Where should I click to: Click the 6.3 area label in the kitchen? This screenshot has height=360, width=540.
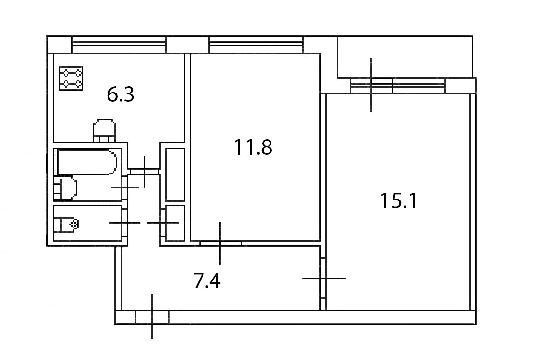pos(120,95)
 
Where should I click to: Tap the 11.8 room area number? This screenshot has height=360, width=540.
pos(253,147)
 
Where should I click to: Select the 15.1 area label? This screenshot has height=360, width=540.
pos(398,201)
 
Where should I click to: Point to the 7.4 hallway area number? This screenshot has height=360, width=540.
pos(207,281)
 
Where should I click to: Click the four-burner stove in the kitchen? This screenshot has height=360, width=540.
pos(71,79)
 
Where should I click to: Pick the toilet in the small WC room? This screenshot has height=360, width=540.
pos(66,224)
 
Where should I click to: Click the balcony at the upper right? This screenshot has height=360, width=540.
pos(404,56)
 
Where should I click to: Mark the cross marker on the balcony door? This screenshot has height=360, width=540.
pos(371,85)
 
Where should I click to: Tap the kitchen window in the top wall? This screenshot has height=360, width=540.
pos(119,44)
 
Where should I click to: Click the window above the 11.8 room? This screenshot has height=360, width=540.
pos(256,44)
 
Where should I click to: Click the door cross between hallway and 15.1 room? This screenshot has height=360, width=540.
pos(324,278)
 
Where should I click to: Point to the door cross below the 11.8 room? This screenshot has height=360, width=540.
pos(220,243)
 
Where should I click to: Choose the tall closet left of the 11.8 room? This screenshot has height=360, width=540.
pos(175,174)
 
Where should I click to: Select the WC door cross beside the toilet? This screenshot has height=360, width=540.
pos(125,223)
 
